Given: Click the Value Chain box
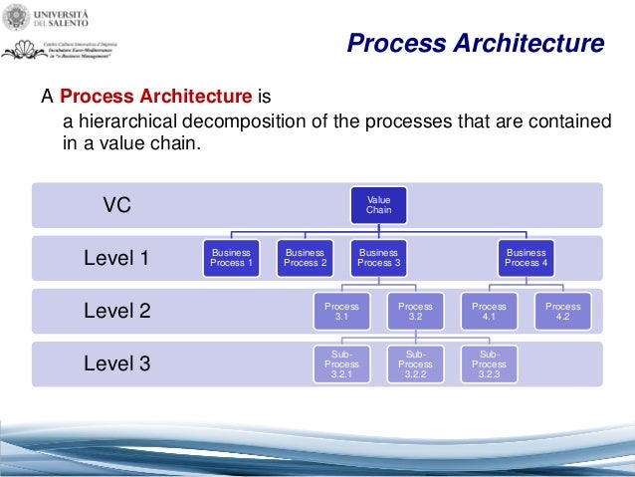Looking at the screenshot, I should tap(378, 205).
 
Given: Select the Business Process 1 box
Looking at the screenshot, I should tap(231, 258).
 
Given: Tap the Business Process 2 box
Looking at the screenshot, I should tap(305, 258).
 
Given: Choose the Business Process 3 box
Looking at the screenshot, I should tap(378, 258).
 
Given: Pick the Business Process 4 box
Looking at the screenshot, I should tap(526, 258).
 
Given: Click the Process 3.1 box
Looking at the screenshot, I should tap(341, 312).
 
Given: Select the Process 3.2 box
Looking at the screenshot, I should tap(415, 312).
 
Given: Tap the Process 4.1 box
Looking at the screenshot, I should tap(489, 312).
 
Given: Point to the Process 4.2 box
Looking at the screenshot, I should tap(562, 312).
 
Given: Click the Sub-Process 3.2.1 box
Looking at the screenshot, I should tap(341, 364).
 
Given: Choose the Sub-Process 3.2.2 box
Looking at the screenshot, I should tap(415, 364).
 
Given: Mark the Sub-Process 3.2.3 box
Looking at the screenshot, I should tap(489, 364).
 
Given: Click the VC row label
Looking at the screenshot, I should tap(117, 205).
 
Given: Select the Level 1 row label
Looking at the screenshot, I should tap(116, 259).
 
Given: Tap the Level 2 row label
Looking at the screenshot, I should tap(116, 311).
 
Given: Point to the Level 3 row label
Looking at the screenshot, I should tap(116, 363).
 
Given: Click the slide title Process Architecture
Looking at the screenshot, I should tap(475, 44).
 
